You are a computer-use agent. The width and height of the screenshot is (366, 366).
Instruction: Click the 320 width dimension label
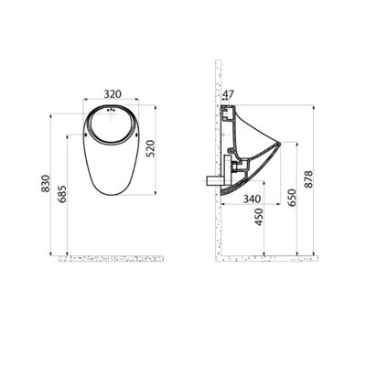(113, 94)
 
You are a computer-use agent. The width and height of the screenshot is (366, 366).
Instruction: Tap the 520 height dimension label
(151, 148)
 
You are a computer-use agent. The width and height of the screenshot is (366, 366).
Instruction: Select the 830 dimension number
(46, 183)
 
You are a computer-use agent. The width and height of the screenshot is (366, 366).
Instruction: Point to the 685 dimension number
(62, 194)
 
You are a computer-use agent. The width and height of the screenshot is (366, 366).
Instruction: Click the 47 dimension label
(228, 94)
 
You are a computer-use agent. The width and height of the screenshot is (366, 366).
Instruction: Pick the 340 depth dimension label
(252, 199)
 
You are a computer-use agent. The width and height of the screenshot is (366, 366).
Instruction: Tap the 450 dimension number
(259, 217)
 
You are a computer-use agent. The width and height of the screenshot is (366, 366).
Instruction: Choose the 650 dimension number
(292, 198)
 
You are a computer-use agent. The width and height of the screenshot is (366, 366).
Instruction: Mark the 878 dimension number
(308, 179)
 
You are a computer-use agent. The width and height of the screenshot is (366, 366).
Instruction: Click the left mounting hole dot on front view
(86, 135)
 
